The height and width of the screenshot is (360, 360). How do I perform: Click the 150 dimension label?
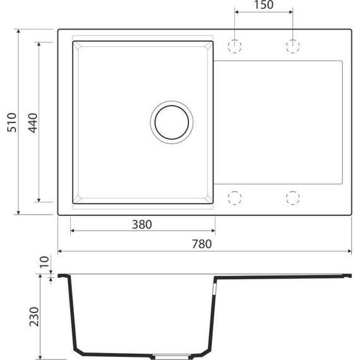click(263, 5)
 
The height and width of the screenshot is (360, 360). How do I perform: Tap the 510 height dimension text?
click(12, 123)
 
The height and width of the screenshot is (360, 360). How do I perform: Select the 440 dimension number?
click(33, 123)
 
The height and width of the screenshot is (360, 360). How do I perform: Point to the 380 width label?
click(142, 224)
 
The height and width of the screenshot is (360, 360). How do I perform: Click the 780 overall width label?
click(202, 244)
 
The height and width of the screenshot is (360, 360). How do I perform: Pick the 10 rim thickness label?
click(44, 262)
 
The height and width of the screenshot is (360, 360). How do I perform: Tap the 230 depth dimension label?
click(34, 316)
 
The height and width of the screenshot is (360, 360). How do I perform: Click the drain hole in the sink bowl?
click(172, 123)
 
